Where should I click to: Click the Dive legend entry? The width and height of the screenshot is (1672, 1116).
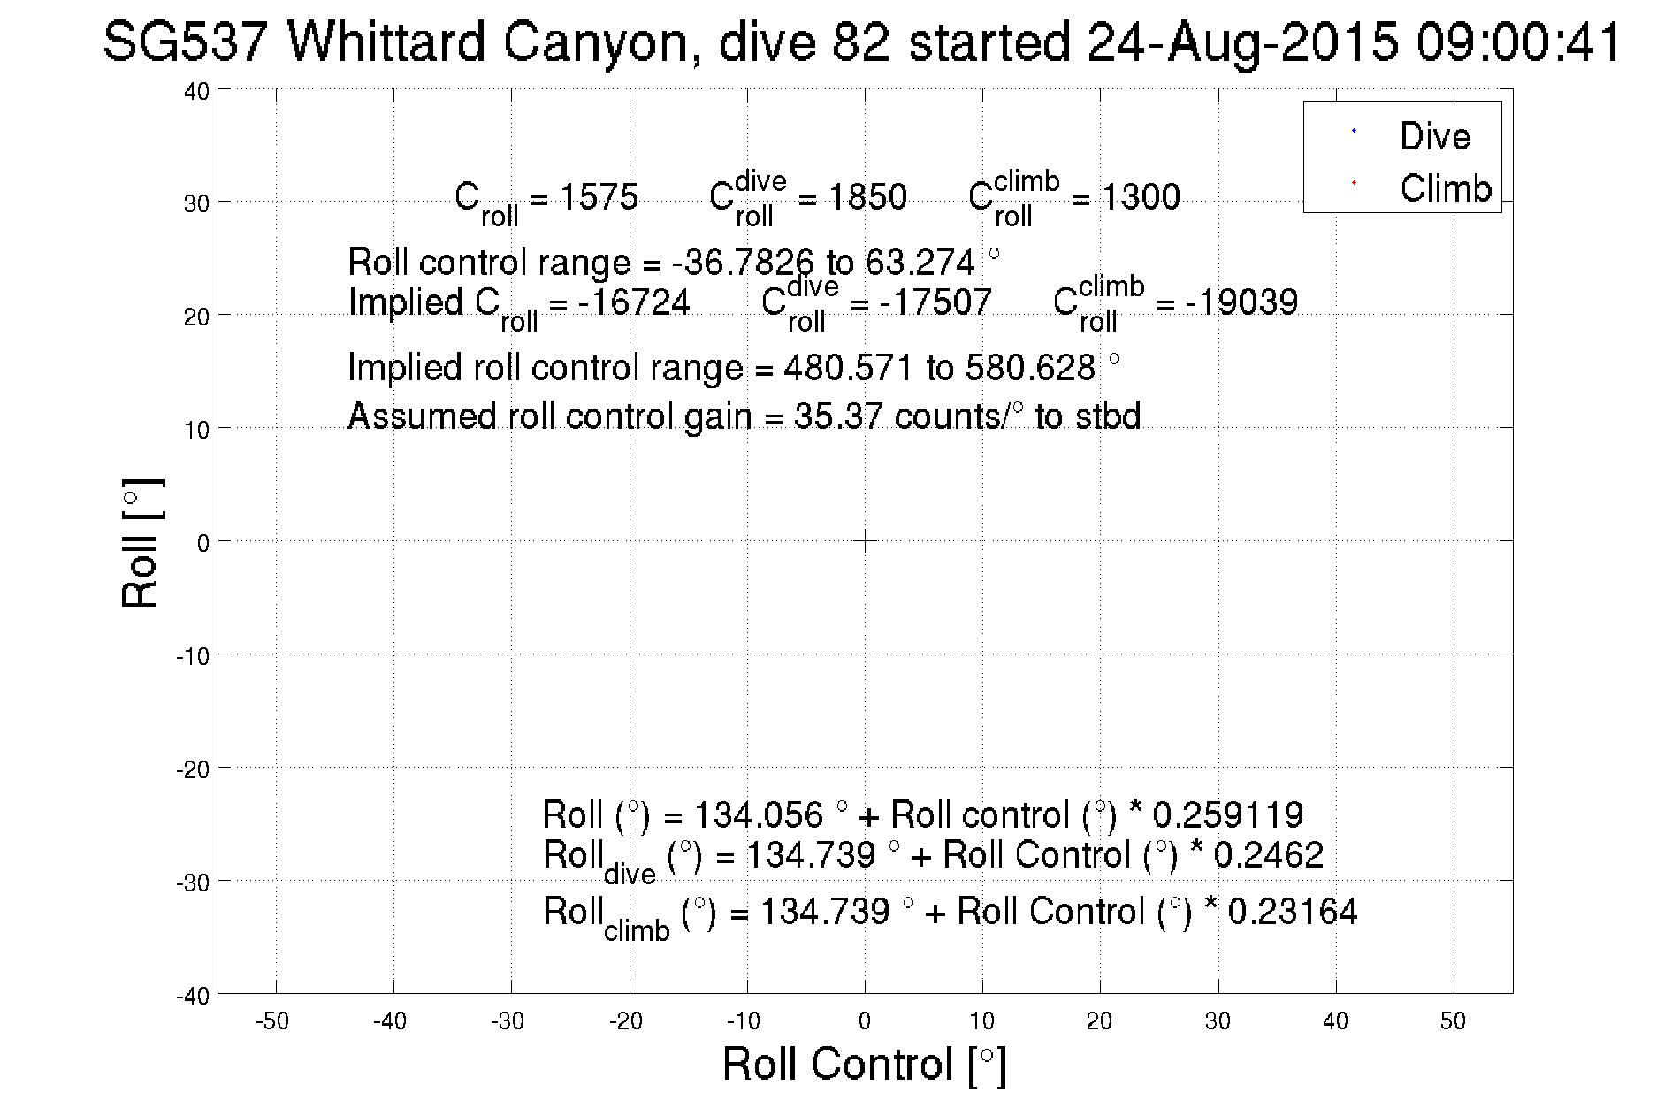pos(1434,136)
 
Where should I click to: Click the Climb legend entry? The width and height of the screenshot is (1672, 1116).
pos(1445,188)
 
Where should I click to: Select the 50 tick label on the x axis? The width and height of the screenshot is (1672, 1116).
pos(1453,1021)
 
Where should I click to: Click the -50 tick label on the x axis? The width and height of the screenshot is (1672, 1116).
pos(272,1021)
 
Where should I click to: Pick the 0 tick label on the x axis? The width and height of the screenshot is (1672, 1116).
pos(864,1021)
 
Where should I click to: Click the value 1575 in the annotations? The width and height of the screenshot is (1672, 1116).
pos(599,197)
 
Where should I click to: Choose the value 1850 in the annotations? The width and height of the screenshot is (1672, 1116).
pos(867,197)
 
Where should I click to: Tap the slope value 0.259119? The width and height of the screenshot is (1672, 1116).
pos(1227,814)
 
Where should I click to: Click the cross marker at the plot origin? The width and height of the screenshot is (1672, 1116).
pos(864,540)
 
